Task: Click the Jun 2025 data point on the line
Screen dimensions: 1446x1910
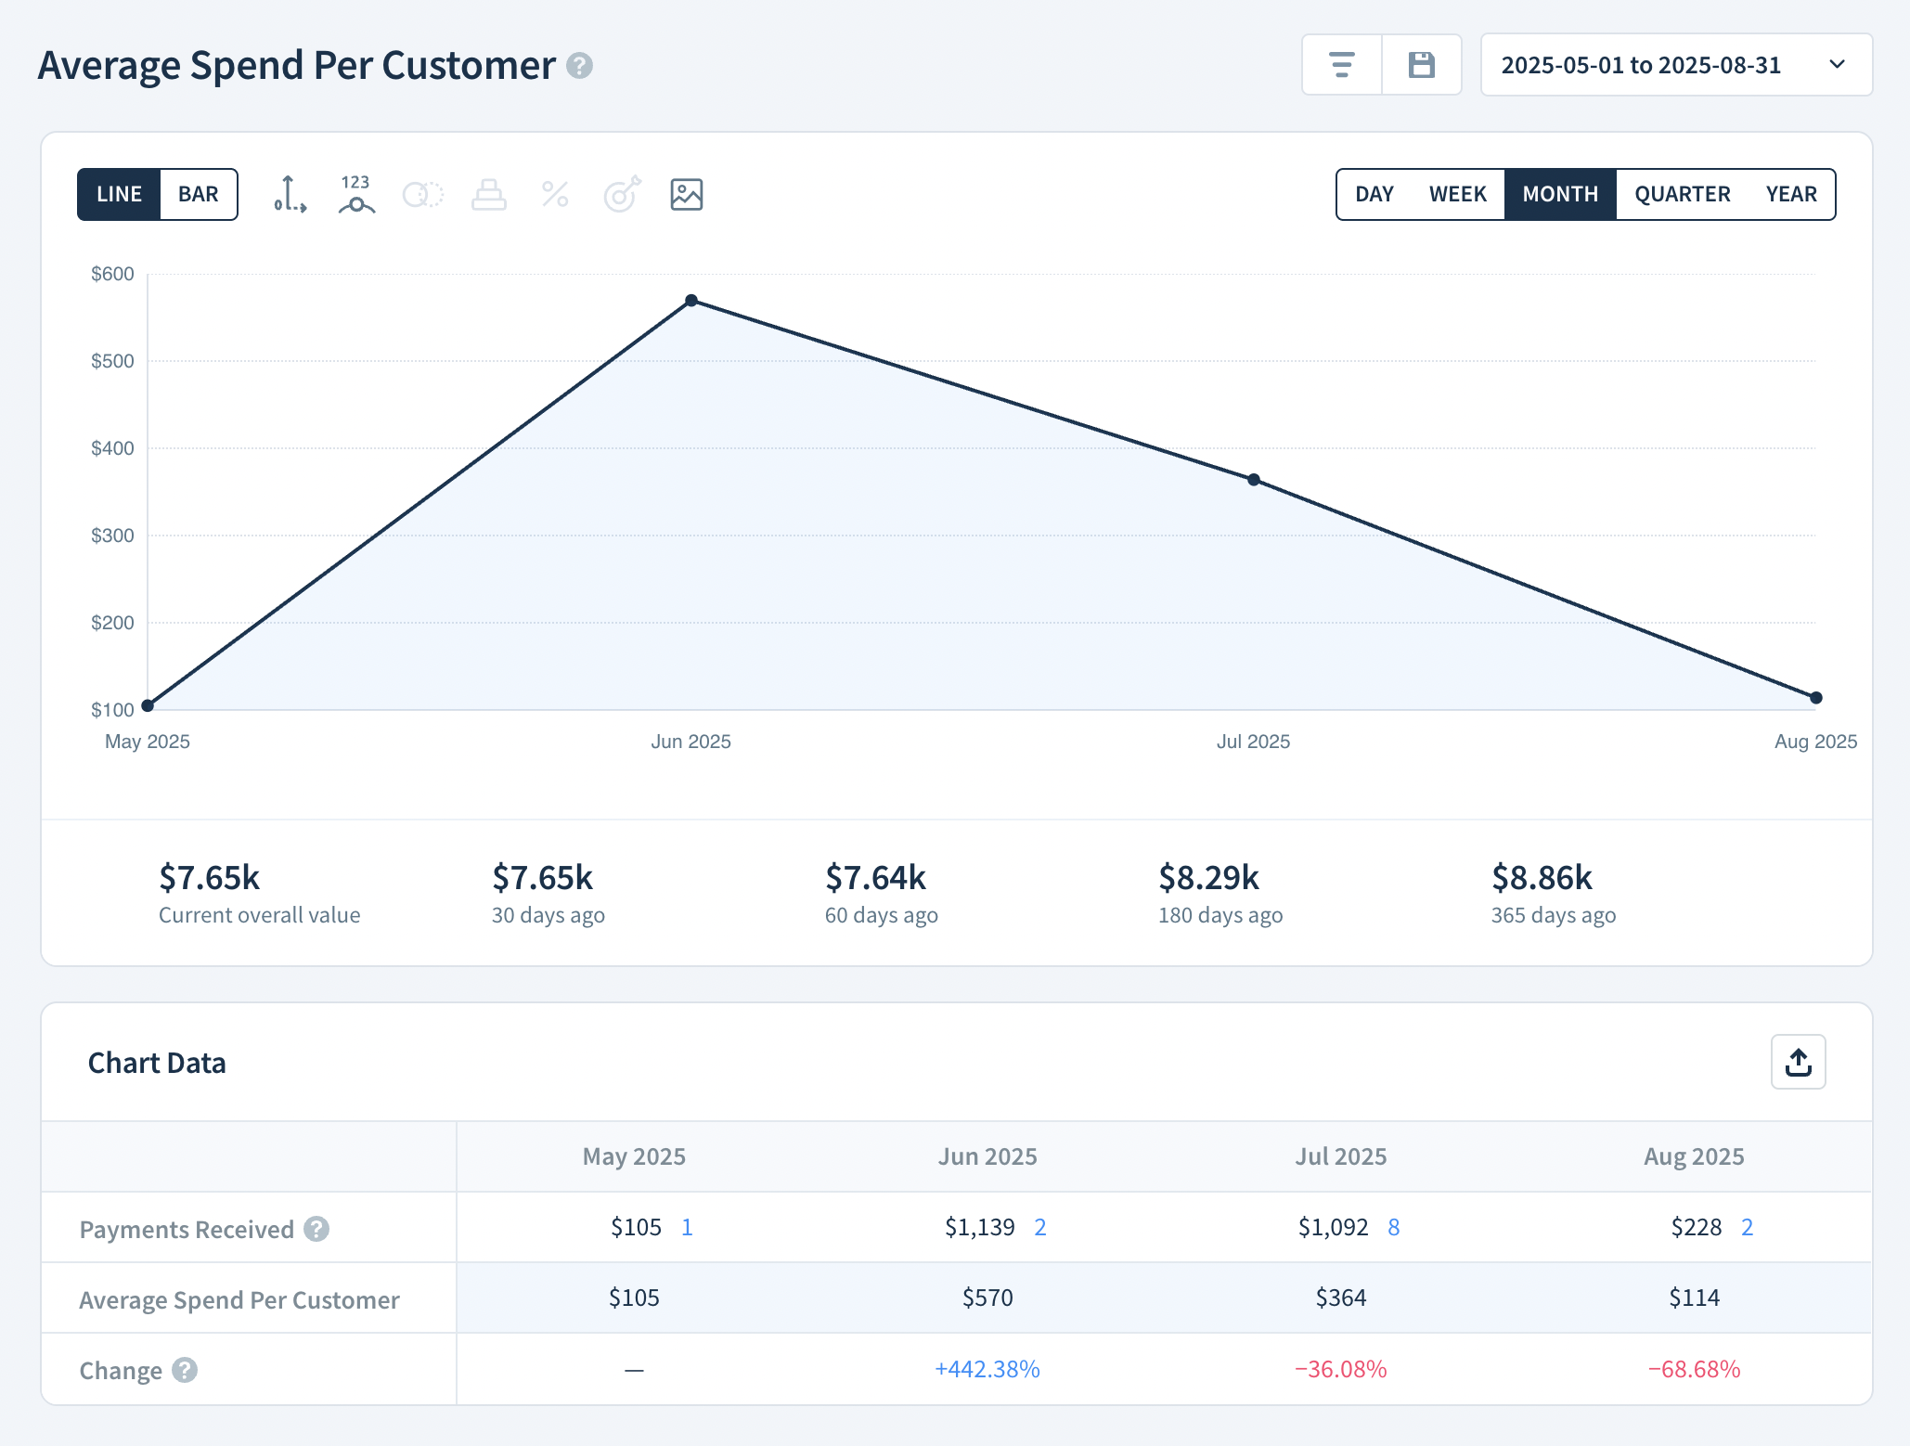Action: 691,301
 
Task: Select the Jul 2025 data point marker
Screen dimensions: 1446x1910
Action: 1254,480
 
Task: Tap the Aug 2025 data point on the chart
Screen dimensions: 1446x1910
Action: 1816,698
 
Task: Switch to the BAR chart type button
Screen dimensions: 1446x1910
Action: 199,194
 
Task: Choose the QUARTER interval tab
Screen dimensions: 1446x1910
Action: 1682,194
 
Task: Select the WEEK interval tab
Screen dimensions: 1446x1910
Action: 1457,194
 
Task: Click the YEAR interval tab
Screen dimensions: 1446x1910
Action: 1790,194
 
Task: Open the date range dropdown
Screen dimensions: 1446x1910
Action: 1676,65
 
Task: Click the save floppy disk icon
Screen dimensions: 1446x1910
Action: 1421,65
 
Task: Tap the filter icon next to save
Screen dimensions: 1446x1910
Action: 1341,65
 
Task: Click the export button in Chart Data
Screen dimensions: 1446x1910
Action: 1798,1062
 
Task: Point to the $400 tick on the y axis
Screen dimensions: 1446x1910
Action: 112,448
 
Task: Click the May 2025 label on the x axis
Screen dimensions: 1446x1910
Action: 148,742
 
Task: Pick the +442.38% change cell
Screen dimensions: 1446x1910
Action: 987,1369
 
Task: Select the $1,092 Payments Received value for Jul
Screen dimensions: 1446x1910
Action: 1333,1227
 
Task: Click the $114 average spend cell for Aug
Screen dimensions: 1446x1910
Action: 1694,1298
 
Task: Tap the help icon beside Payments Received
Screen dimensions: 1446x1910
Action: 316,1229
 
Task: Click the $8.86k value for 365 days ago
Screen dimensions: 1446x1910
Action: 1542,877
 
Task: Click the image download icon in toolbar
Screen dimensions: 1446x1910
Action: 687,195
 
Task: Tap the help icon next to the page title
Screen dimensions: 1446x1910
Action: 580,66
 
